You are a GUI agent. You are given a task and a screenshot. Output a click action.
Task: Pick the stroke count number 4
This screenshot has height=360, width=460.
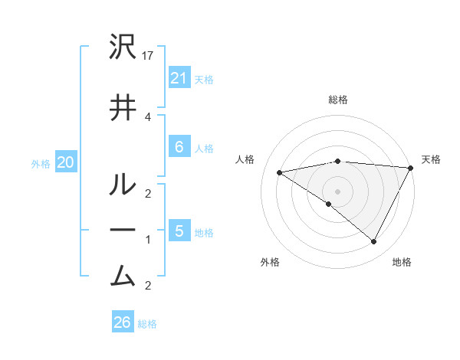click(x=148, y=116)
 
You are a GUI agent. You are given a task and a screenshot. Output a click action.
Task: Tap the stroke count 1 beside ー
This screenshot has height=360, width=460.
click(x=148, y=240)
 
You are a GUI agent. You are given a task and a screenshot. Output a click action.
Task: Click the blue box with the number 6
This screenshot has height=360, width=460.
click(x=179, y=147)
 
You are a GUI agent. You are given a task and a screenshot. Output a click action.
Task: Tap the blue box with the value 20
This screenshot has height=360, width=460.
click(x=65, y=162)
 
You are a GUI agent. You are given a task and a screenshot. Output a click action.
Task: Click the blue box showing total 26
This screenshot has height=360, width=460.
click(x=122, y=322)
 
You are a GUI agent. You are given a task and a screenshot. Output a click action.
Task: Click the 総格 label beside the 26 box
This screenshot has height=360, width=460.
click(x=147, y=324)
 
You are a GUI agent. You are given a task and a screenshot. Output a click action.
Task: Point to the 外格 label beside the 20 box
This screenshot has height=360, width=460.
click(x=41, y=163)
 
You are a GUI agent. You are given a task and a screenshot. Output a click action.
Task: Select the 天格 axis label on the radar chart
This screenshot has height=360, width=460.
click(x=431, y=159)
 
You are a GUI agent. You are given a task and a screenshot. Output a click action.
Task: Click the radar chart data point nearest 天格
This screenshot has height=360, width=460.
click(x=411, y=168)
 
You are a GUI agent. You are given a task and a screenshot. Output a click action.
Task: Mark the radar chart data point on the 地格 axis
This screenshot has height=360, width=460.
click(x=374, y=241)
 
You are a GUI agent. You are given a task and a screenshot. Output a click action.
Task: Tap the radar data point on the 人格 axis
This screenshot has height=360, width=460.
click(x=279, y=172)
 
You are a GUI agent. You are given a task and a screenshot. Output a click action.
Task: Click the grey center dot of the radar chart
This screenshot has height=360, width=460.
click(x=337, y=191)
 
